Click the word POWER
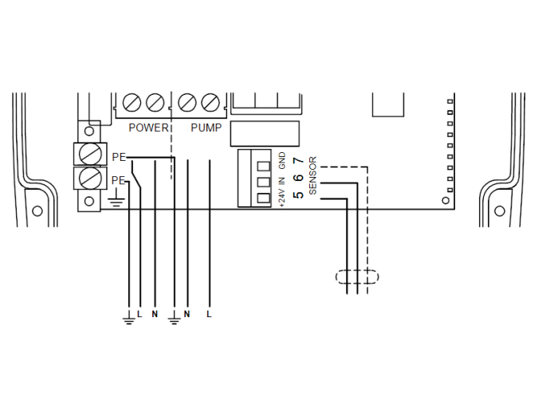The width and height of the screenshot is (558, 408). (149, 127)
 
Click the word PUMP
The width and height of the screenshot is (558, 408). (205, 127)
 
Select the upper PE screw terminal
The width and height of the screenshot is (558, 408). (90, 152)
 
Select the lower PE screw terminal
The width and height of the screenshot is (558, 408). (90, 177)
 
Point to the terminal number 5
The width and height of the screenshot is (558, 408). (298, 195)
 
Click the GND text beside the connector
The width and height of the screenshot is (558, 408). (282, 161)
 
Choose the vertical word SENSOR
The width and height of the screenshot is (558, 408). (312, 175)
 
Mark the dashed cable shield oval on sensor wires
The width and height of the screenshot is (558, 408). (356, 277)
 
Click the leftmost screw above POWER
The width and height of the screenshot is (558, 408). (132, 102)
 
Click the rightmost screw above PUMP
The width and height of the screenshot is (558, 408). (210, 102)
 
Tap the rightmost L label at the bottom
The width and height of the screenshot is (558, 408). (210, 314)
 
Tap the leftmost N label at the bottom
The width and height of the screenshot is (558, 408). (155, 314)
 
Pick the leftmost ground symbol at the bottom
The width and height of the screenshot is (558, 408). (128, 319)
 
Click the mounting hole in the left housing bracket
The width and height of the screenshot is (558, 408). (37, 211)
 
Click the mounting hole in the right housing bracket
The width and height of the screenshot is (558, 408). (499, 211)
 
